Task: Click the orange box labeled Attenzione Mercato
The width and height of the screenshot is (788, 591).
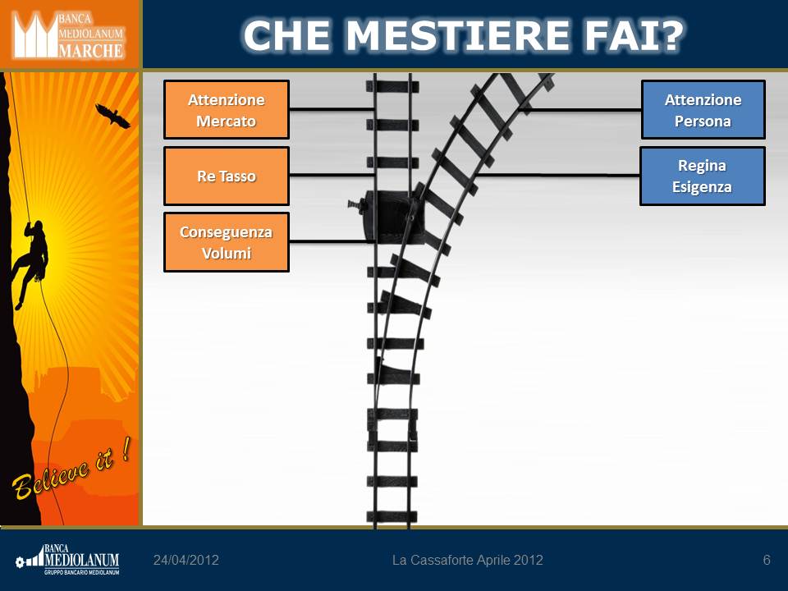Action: (x=227, y=109)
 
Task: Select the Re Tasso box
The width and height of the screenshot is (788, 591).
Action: (x=227, y=176)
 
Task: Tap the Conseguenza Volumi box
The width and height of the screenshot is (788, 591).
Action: (x=227, y=242)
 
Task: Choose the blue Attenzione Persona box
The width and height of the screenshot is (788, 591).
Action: (x=703, y=109)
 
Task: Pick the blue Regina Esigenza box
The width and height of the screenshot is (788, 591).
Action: (x=703, y=176)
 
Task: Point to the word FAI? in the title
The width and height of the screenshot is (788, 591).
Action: (x=634, y=35)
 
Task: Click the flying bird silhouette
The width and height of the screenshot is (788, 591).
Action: (x=113, y=116)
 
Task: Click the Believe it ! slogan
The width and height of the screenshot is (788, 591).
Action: (x=71, y=469)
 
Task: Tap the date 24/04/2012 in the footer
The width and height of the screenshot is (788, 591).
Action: (x=186, y=560)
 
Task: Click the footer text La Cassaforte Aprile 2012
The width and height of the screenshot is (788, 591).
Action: (x=467, y=560)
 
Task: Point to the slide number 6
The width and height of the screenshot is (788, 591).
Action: (x=767, y=560)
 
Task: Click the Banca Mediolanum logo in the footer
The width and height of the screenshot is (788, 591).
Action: (x=67, y=559)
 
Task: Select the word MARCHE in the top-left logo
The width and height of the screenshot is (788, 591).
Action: (x=91, y=50)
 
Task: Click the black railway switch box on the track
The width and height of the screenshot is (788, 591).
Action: (x=395, y=217)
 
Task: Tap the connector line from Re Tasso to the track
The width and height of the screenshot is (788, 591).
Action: (x=332, y=175)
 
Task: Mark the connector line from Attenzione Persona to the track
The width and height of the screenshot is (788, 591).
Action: (x=580, y=109)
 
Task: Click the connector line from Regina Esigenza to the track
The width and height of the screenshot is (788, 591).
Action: (x=556, y=175)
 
